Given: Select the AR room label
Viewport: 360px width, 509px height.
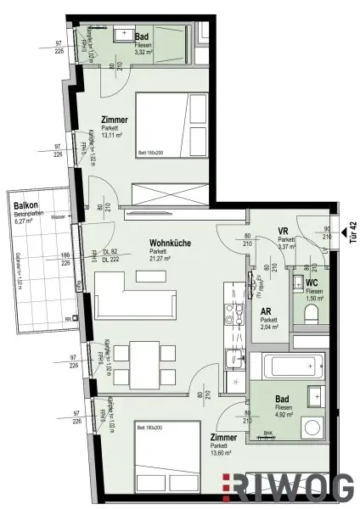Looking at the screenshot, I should point(265,311).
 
